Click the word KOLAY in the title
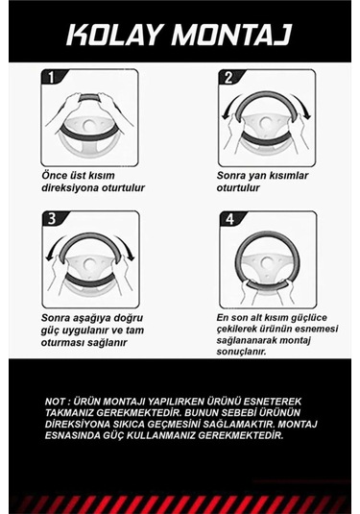(x=114, y=35)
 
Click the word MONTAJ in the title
(x=231, y=35)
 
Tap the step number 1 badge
(x=51, y=78)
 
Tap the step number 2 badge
(x=228, y=78)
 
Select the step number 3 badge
(x=53, y=219)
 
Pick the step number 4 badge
(x=230, y=219)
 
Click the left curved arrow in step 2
(x=228, y=107)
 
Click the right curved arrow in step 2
(x=303, y=107)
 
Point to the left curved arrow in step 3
(x=54, y=248)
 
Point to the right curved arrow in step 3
(x=127, y=248)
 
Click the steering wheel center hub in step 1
(x=88, y=126)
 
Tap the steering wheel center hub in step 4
(x=267, y=262)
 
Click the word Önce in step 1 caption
(x=55, y=175)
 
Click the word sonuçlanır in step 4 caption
(x=241, y=352)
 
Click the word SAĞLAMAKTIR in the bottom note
(x=238, y=424)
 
